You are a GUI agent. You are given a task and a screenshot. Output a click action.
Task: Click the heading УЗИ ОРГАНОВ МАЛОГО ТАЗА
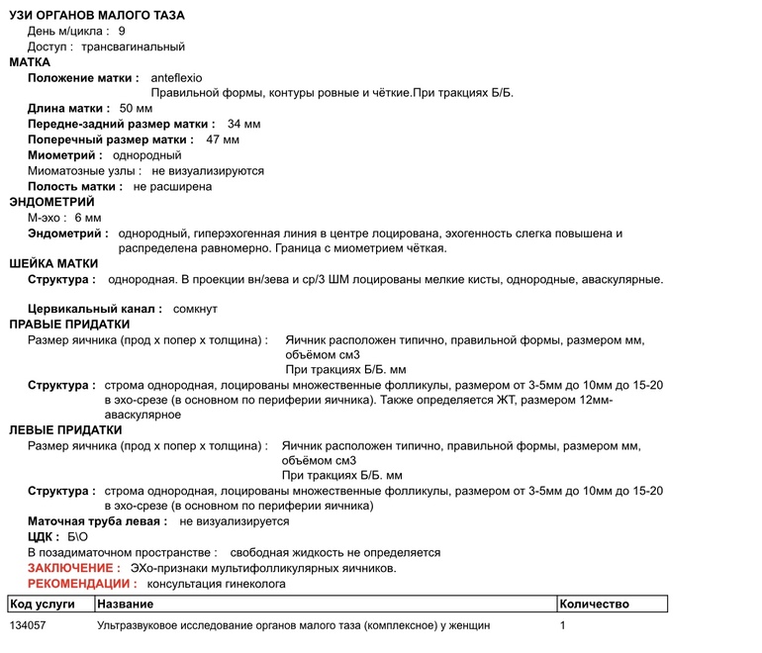(97, 16)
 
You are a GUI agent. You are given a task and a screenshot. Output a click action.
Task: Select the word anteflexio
(176, 77)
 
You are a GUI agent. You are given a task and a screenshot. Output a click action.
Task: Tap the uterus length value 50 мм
(136, 108)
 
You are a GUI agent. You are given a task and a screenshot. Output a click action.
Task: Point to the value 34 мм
(243, 124)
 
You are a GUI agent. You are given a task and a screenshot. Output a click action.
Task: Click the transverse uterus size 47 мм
(223, 140)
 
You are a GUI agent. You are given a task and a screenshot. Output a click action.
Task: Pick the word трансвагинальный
(133, 47)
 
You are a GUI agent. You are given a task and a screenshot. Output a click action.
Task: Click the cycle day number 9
(122, 32)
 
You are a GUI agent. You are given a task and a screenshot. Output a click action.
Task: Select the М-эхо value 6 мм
(88, 218)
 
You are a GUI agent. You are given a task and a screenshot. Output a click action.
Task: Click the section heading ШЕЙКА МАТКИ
(53, 264)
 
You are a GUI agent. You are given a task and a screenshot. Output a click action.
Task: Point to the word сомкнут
(195, 310)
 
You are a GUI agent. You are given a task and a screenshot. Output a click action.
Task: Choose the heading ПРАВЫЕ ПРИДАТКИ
(69, 325)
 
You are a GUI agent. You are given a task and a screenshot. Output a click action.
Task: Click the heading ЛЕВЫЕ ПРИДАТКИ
(65, 430)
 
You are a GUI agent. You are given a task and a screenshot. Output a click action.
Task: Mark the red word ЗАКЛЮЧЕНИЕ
(73, 568)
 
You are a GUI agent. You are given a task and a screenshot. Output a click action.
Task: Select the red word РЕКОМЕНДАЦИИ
(81, 584)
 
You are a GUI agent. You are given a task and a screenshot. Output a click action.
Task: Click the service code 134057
(28, 626)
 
